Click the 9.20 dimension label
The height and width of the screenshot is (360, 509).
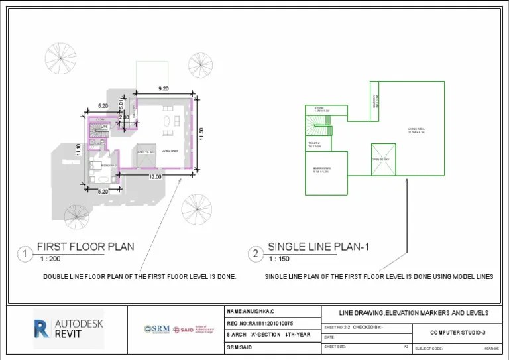pyautogui.click(x=164, y=88)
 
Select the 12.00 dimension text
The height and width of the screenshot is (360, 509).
pyautogui.click(x=155, y=177)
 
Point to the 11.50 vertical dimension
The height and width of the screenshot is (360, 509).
pyautogui.click(x=201, y=133)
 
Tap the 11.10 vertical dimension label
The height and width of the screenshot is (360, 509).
pyautogui.click(x=78, y=150)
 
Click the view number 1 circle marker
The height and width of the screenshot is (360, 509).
pyautogui.click(x=25, y=253)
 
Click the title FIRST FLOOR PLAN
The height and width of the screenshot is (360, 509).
pyautogui.click(x=85, y=247)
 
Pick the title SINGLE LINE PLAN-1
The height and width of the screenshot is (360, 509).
pyautogui.click(x=318, y=247)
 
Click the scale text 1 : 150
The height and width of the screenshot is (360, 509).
pyautogui.click(x=282, y=259)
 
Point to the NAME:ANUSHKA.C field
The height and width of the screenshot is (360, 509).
pyautogui.click(x=251, y=311)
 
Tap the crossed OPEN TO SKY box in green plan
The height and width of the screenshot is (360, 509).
pyautogui.click(x=383, y=159)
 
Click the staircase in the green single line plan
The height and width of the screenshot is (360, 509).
pyautogui.click(x=315, y=123)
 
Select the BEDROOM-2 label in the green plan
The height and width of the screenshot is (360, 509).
pyautogui.click(x=321, y=170)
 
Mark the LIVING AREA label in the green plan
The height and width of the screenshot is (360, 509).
pyautogui.click(x=416, y=130)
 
